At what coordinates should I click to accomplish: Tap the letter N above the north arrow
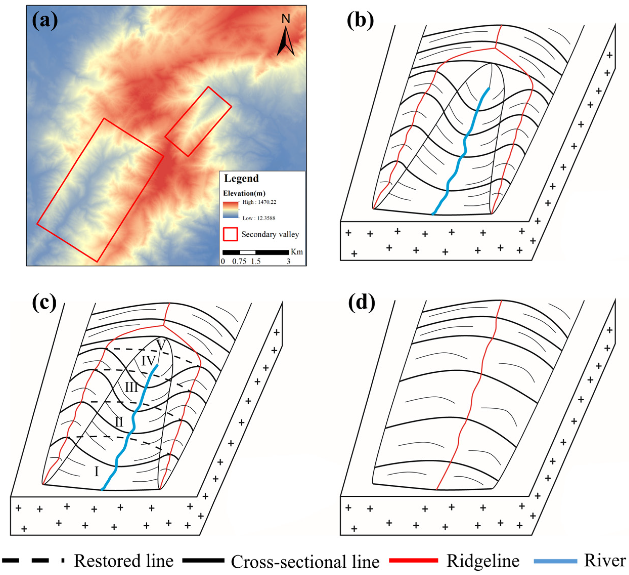[x=286, y=19]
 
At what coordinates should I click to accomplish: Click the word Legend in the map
[x=241, y=178]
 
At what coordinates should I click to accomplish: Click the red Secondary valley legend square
[x=231, y=234]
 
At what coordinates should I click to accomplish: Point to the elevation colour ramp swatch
[x=231, y=209]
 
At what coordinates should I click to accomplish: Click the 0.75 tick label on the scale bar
[x=239, y=261]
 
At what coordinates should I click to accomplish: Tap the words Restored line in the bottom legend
[x=124, y=561]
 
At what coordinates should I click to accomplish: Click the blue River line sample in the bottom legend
[x=555, y=561]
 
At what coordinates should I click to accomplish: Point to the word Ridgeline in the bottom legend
[x=483, y=561]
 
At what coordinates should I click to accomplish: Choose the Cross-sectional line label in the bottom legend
[x=305, y=562]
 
